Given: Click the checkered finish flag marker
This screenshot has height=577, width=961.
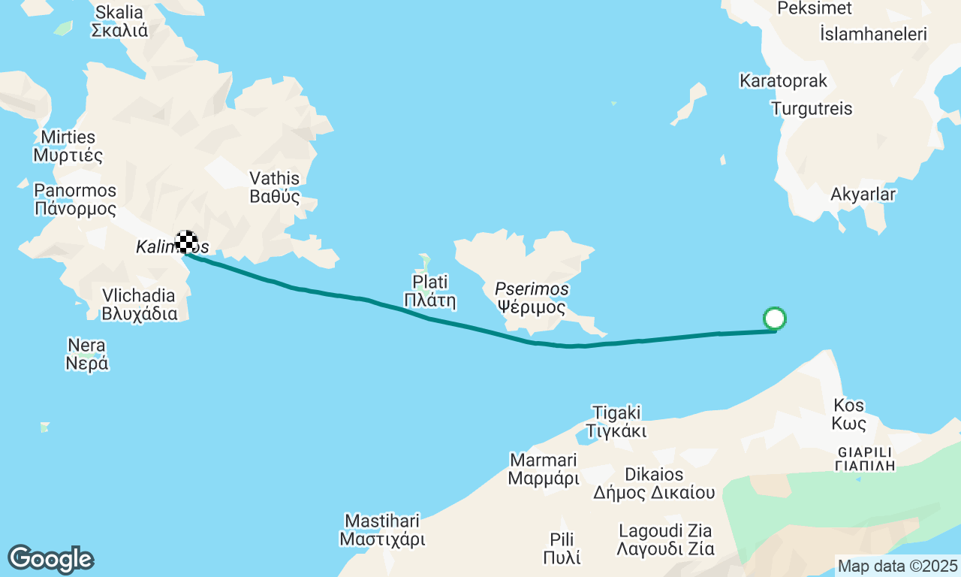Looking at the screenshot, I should pos(186,242).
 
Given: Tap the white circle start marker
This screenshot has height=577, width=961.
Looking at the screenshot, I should pos(774,319).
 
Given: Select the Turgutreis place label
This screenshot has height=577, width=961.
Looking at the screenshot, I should pos(811,109).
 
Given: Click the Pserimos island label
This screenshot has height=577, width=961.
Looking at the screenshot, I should pos(532,298).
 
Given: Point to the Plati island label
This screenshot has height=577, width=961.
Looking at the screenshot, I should pos(430,292).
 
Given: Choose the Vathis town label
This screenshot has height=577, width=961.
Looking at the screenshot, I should pos(274,188).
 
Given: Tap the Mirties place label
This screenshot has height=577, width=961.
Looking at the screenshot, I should pos(68,147).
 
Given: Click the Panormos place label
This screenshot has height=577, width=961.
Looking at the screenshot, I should pos(75,200).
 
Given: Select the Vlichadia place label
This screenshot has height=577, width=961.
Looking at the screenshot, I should pos(140,304).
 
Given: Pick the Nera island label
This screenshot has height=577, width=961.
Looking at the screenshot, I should pos(87,355).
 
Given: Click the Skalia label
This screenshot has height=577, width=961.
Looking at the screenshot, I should pos(119,21).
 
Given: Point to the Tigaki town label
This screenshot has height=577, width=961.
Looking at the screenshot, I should pos(616,421).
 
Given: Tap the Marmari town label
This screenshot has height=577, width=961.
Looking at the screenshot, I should pos(544,468).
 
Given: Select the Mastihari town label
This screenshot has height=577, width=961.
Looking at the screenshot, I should pos(382,530).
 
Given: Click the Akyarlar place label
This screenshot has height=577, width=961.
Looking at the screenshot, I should pos(863,195).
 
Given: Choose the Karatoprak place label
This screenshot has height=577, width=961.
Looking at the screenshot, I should pos(783,80).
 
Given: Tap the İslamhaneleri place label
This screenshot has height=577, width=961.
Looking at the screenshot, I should pos(874,34).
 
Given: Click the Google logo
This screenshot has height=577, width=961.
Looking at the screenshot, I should pos(50,559).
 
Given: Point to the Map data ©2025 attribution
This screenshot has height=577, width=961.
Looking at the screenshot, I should pos(897,566).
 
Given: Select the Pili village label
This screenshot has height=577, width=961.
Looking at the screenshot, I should pos(562,548).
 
